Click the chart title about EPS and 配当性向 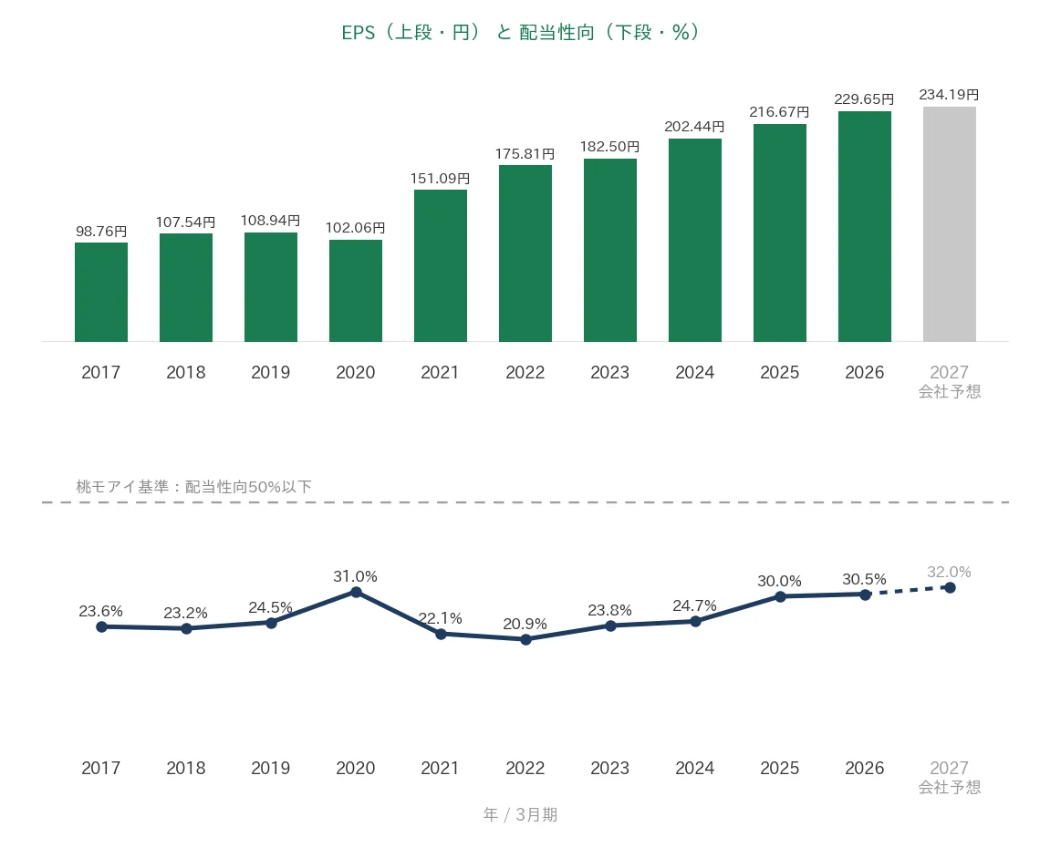(x=520, y=32)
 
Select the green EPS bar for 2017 (x=101, y=292)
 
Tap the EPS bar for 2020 (x=356, y=290)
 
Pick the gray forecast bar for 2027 (x=949, y=224)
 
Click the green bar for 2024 (x=695, y=240)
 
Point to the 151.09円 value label (x=440, y=179)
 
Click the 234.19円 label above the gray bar (x=949, y=95)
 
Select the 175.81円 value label (x=525, y=154)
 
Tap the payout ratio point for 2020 (x=356, y=592)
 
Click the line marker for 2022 (x=525, y=640)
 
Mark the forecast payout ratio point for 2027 (x=950, y=588)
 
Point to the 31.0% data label (x=356, y=577)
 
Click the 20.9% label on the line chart (x=525, y=624)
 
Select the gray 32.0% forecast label (x=949, y=573)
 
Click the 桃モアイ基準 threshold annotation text (x=193, y=487)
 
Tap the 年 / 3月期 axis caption (x=520, y=814)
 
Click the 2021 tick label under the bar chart (x=440, y=373)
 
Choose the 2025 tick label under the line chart (x=779, y=768)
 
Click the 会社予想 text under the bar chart (x=949, y=392)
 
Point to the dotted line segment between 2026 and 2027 (x=908, y=592)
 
